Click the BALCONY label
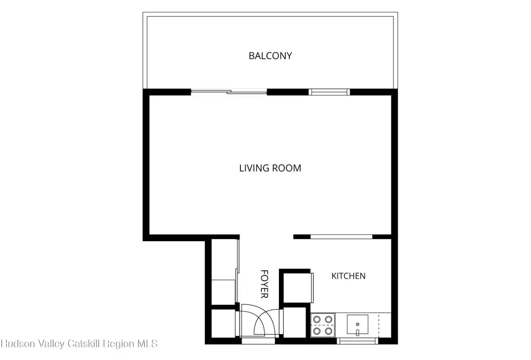[x=270, y=56]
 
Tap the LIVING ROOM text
[x=270, y=168]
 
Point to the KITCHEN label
[x=348, y=276]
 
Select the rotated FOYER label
[x=264, y=284]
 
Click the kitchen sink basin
[x=357, y=325]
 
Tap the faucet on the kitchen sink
[x=357, y=333]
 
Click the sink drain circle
[x=357, y=324]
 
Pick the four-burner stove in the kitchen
[x=323, y=325]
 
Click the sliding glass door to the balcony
[x=229, y=91]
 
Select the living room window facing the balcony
[x=329, y=92]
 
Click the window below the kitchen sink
[x=357, y=341]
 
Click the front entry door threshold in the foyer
[x=258, y=341]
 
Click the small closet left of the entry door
[x=223, y=323]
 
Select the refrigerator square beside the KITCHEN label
[x=297, y=287]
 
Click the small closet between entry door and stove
[x=295, y=323]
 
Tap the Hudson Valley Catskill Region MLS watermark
[x=79, y=344]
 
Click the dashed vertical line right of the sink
[x=379, y=325]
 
